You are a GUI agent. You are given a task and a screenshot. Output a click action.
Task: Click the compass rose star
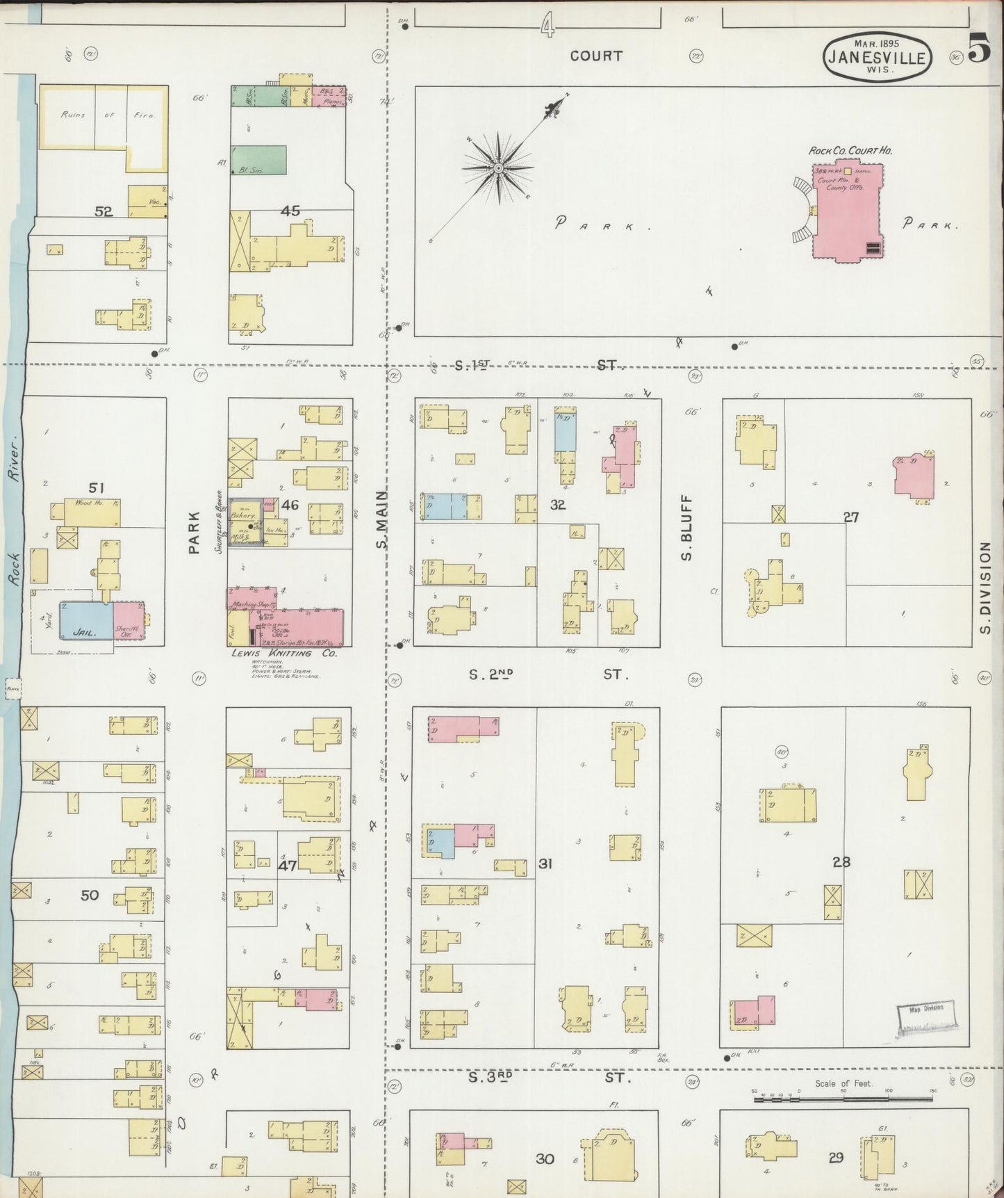[x=498, y=168]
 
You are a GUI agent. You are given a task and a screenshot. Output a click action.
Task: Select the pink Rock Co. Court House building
[x=847, y=212]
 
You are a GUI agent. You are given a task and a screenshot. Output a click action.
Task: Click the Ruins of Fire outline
[x=104, y=117]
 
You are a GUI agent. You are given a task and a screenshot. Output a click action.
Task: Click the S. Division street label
[x=985, y=588]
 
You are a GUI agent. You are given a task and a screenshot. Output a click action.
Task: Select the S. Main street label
[x=381, y=519]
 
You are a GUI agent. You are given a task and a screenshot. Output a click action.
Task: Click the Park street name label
[x=194, y=533]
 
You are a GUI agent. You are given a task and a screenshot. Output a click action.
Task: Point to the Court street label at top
[x=595, y=56]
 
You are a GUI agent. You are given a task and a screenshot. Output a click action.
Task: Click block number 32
[x=558, y=505]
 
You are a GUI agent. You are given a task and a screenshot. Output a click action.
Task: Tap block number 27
[x=851, y=517]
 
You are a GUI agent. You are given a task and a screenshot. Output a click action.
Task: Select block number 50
[x=90, y=896]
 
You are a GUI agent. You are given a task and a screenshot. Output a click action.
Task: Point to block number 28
[x=841, y=862]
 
